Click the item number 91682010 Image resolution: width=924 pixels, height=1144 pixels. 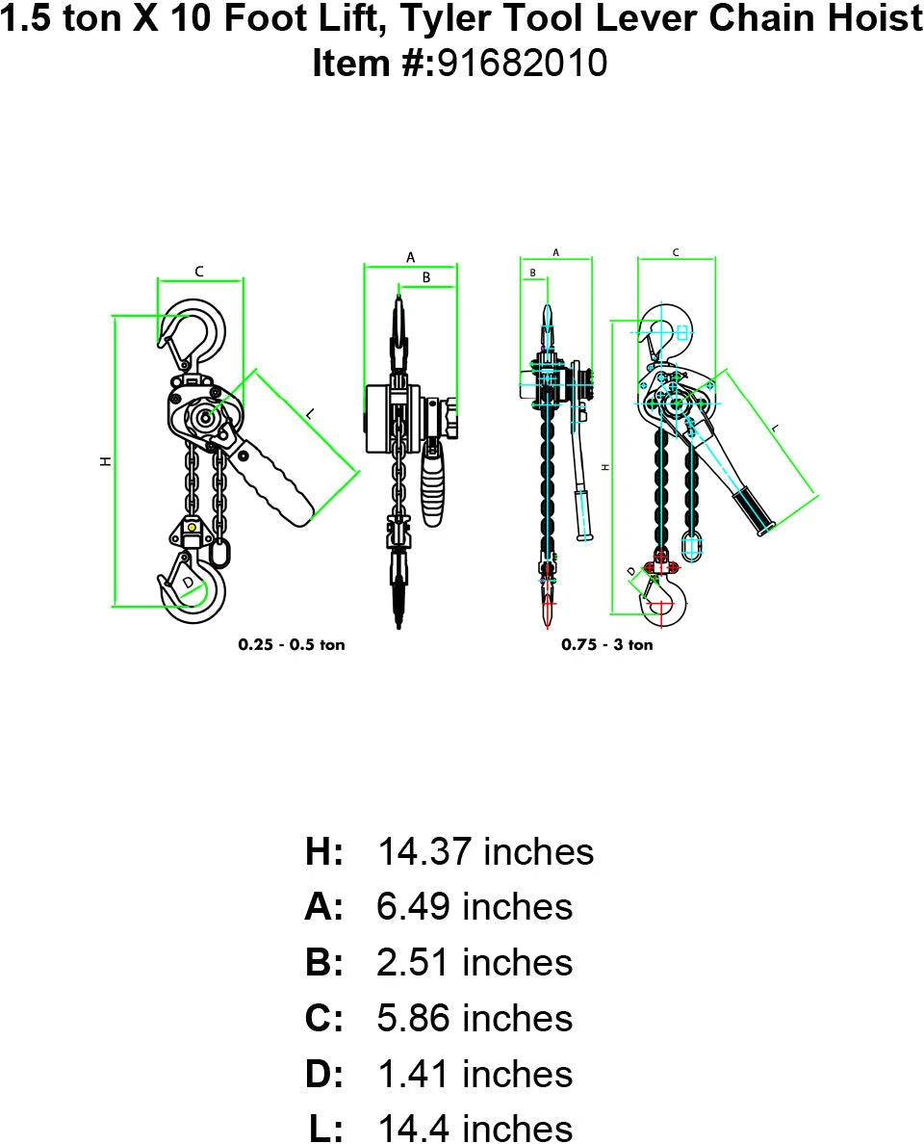523,64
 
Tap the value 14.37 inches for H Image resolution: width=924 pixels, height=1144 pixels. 485,851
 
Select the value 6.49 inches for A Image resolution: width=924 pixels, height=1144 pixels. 475,907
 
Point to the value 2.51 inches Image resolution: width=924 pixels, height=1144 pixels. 475,963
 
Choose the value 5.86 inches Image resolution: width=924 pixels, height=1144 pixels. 475,1019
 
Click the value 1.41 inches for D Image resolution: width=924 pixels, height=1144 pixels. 475,1075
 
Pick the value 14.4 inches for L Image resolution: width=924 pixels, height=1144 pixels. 475,1129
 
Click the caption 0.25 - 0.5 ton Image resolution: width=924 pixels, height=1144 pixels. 292,644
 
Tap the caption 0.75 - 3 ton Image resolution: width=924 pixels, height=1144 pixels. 607,644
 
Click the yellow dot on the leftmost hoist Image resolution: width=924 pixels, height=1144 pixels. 192,527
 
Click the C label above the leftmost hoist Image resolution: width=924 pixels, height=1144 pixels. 199,272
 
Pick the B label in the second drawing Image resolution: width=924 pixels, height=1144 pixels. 426,277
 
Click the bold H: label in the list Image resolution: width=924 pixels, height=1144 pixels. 324,851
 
